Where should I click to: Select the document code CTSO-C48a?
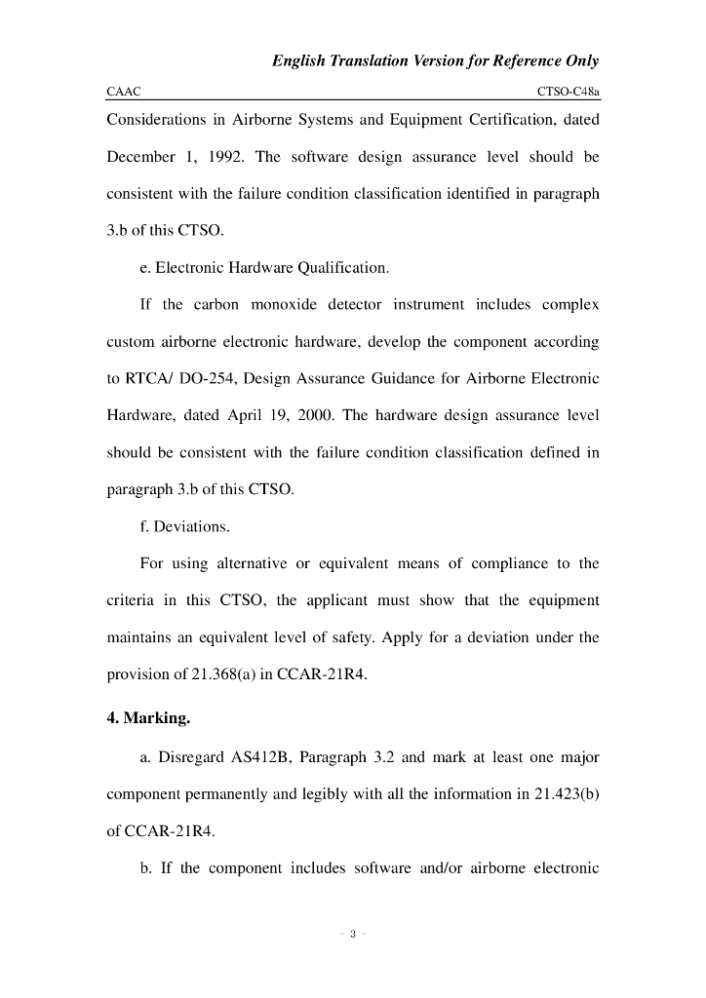(x=568, y=92)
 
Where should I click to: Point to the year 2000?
(x=317, y=415)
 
